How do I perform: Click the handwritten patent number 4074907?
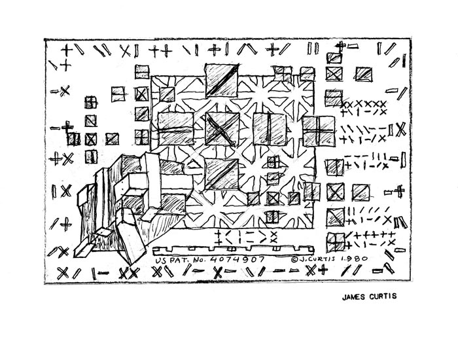click(238, 259)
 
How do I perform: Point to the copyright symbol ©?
click(294, 259)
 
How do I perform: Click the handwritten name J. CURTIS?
click(316, 259)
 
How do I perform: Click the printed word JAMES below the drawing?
click(354, 297)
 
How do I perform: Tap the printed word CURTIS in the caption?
click(383, 297)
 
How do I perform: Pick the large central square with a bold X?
click(222, 128)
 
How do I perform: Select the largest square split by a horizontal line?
click(176, 128)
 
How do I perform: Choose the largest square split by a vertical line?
click(270, 128)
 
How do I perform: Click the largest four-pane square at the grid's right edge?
click(319, 131)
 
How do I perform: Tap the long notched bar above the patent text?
click(233, 249)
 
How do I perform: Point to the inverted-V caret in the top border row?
click(247, 49)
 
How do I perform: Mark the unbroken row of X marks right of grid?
click(364, 103)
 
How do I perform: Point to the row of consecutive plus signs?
click(375, 234)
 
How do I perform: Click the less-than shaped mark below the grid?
click(228, 237)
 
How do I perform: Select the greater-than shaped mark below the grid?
click(262, 237)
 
